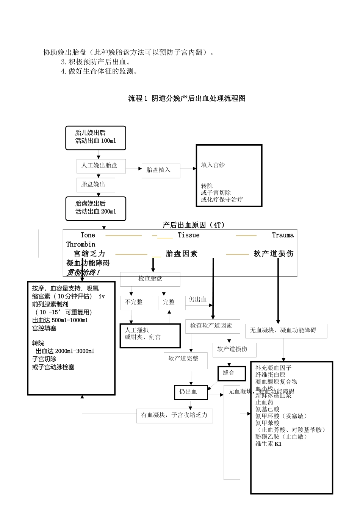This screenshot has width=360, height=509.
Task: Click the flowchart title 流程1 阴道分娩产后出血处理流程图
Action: click(187, 98)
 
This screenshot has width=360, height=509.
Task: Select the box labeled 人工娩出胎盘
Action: click(101, 166)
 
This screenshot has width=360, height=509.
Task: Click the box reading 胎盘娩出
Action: click(95, 184)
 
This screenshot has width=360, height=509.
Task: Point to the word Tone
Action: click(88, 235)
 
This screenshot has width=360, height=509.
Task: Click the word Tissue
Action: click(188, 235)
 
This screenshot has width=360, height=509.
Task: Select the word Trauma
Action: click(283, 235)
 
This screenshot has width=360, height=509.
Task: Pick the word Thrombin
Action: click(81, 244)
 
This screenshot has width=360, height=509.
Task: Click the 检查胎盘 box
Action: click(150, 279)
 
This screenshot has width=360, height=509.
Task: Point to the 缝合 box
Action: click(229, 373)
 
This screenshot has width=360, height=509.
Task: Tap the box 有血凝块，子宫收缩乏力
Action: click(174, 415)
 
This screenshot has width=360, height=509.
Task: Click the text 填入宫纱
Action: click(213, 165)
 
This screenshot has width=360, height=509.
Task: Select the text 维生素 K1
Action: click(268, 444)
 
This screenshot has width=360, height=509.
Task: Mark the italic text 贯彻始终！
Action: click(83, 272)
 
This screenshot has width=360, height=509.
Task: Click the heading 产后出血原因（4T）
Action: click(194, 225)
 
